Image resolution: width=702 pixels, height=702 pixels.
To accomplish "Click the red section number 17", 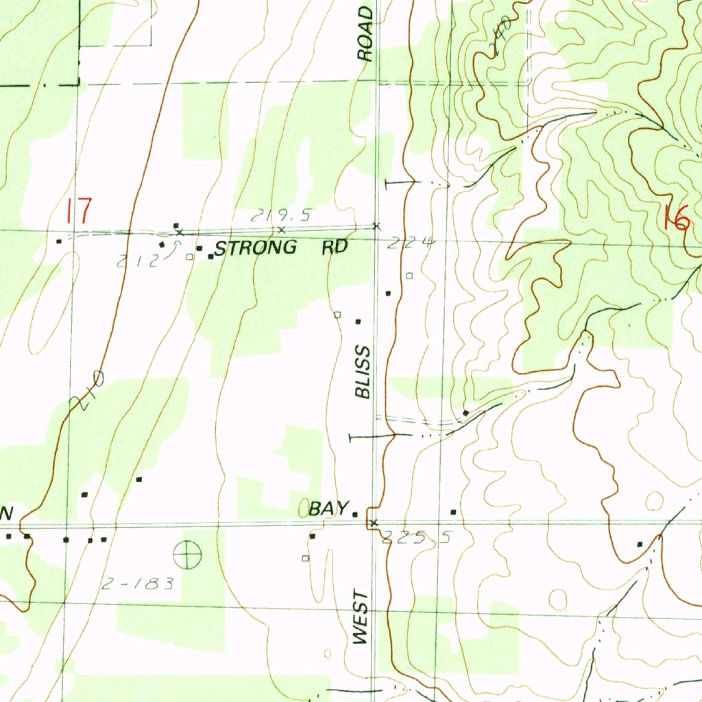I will coord(78,211).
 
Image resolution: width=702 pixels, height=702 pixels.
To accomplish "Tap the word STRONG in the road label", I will coord(256,248).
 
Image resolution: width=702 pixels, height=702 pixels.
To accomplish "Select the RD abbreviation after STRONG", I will coord(335,247).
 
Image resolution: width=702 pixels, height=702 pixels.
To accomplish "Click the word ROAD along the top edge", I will coord(367,34).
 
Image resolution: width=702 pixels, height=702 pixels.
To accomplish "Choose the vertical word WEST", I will coord(361,619).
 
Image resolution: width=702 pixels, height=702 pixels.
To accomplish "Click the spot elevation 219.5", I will coord(271,216).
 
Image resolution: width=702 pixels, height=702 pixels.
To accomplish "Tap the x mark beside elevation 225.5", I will coord(373,524).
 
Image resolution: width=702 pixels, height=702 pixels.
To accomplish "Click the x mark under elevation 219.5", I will coord(281,230).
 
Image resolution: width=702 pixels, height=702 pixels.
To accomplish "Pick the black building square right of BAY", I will coord(355,514).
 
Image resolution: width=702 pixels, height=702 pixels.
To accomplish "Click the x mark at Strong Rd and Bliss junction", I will coord(376,226).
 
